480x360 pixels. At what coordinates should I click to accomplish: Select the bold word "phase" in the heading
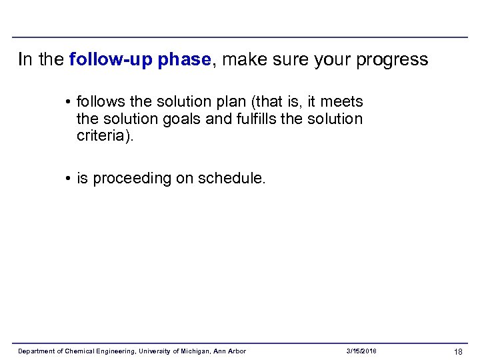[x=183, y=60]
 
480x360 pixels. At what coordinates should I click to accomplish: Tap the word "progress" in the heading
[x=393, y=60]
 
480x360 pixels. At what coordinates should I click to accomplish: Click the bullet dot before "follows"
[x=69, y=102]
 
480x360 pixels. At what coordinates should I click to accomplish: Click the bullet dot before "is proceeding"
[x=69, y=179]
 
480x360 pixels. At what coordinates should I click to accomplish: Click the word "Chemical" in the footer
[x=80, y=351]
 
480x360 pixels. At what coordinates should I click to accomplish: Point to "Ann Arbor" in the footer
[x=231, y=351]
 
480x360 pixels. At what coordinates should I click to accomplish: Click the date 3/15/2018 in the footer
[x=361, y=351]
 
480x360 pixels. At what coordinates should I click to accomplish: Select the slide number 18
[x=458, y=351]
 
